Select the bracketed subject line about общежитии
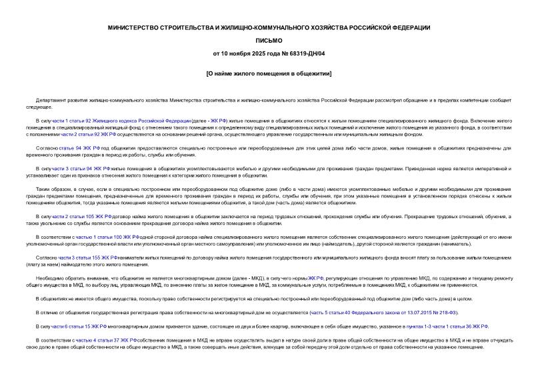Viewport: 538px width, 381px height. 269,73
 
